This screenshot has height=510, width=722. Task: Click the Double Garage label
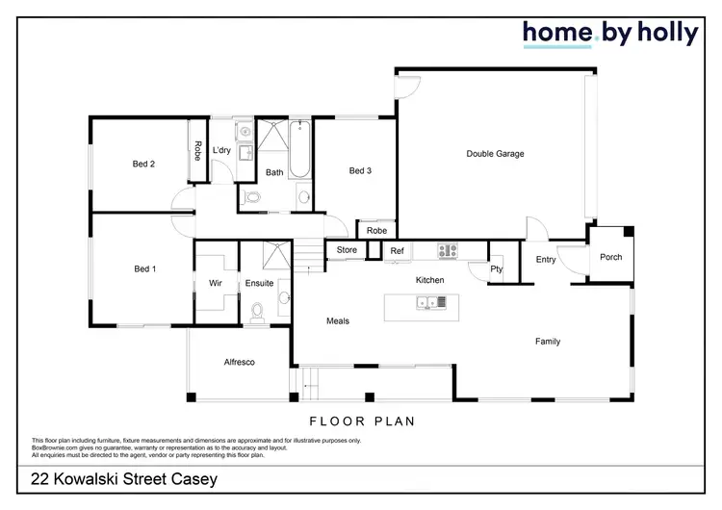(495, 154)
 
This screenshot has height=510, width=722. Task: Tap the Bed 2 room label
(143, 165)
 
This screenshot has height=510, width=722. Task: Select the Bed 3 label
(360, 171)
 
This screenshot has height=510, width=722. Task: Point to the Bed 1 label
(143, 269)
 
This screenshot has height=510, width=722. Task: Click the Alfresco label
(239, 362)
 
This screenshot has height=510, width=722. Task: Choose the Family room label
(548, 342)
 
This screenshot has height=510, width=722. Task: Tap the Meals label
(338, 321)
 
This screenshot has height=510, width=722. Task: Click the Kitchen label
(429, 280)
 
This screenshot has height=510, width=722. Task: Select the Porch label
(610, 257)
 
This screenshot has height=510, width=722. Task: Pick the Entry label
(546, 259)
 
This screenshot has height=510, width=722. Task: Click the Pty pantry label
(497, 269)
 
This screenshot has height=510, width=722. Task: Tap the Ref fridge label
(397, 251)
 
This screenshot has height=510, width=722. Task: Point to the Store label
(347, 251)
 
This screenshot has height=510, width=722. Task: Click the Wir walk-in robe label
(216, 284)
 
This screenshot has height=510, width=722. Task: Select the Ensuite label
(259, 284)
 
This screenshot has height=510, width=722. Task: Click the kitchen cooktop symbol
(449, 250)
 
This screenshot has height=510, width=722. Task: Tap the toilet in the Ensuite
(257, 312)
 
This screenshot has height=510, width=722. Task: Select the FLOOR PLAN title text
(361, 421)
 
